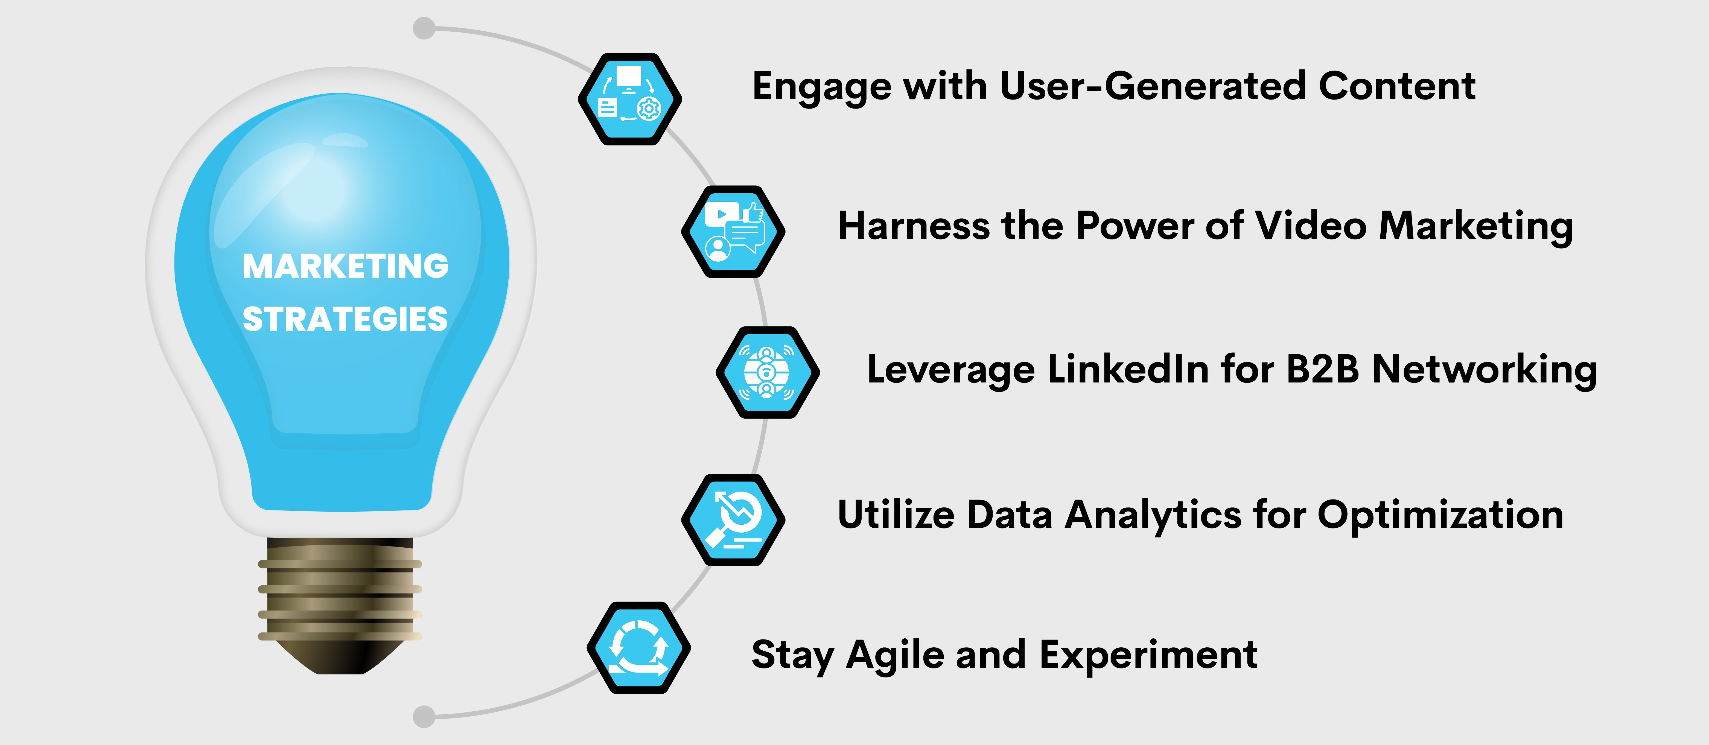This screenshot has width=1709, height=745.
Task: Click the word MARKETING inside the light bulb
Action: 345,266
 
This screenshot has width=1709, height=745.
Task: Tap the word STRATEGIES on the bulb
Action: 345,319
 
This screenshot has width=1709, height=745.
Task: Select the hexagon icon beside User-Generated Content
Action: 630,99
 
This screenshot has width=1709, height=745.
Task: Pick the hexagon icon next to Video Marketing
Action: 733,232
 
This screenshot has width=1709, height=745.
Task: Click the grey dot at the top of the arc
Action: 424,28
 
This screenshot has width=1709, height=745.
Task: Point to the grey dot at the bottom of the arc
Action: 424,717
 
